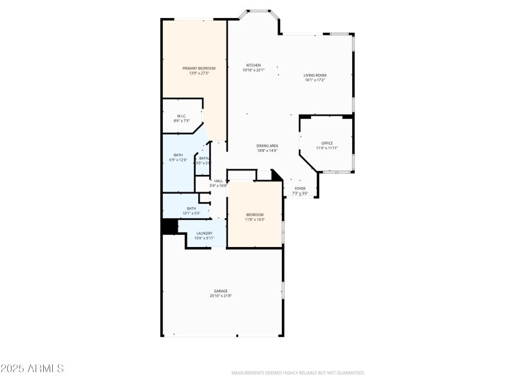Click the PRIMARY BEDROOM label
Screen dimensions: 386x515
pos(198,68)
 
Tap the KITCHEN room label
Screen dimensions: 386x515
pos(253,66)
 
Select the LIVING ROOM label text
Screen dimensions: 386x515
pos(315,75)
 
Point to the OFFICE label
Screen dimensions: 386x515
pos(327,143)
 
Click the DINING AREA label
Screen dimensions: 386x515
pos(267,146)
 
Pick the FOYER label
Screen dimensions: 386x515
pos(300,188)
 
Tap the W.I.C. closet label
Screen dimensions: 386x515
pos(182,116)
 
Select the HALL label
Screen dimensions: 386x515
pos(218,181)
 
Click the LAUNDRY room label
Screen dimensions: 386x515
pos(204,234)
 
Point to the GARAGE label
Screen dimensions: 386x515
pos(221,291)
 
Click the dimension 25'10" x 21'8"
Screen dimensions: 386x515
pos(221,296)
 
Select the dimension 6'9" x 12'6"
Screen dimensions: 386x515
pos(178,160)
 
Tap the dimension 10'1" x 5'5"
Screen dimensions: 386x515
pos(191,213)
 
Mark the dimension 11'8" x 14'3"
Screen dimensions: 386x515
pos(255,219)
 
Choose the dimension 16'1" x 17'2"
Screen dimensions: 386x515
pos(315,80)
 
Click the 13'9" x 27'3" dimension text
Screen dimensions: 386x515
pos(198,73)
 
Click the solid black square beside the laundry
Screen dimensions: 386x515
pos(169,226)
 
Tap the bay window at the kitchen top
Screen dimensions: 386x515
pos(259,12)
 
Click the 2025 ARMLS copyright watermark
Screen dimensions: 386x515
pos(32,369)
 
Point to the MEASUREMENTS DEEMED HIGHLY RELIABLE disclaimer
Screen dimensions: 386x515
pos(297,373)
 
